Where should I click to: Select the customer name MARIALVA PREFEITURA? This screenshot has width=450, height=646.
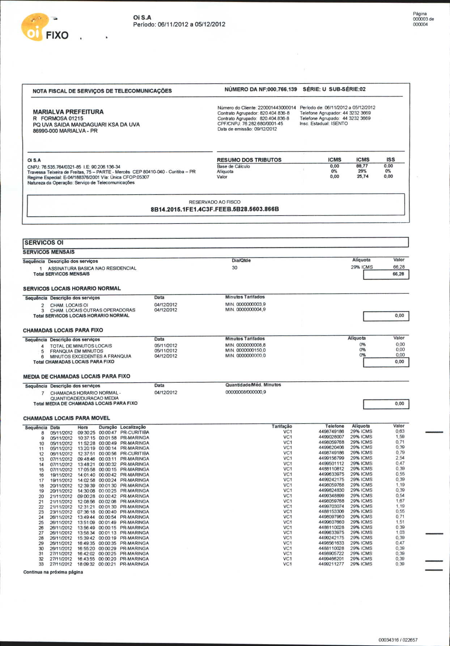[x=68, y=112]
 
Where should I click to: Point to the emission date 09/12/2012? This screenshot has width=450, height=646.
[x=265, y=129]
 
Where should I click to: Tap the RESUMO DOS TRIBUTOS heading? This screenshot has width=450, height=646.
[x=249, y=160]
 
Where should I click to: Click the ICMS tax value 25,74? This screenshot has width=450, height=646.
[x=362, y=177]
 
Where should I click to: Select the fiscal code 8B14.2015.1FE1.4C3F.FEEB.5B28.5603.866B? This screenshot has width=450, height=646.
[x=215, y=209]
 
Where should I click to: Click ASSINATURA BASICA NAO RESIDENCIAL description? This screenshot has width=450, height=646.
[x=92, y=268]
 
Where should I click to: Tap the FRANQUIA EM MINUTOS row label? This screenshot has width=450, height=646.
[x=76, y=351]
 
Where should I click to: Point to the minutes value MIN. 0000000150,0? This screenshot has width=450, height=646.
[x=245, y=350]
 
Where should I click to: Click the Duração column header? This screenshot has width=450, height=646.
[x=108, y=427]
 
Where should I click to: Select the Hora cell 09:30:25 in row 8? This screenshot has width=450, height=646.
[x=86, y=433]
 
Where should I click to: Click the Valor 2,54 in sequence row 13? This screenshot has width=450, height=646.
[x=400, y=458]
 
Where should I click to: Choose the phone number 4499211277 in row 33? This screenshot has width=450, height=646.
[x=331, y=564]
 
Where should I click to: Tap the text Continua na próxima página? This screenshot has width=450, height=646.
[x=53, y=572]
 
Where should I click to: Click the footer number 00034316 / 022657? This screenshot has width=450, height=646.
[x=398, y=640]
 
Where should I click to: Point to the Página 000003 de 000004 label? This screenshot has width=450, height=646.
[x=423, y=19]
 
